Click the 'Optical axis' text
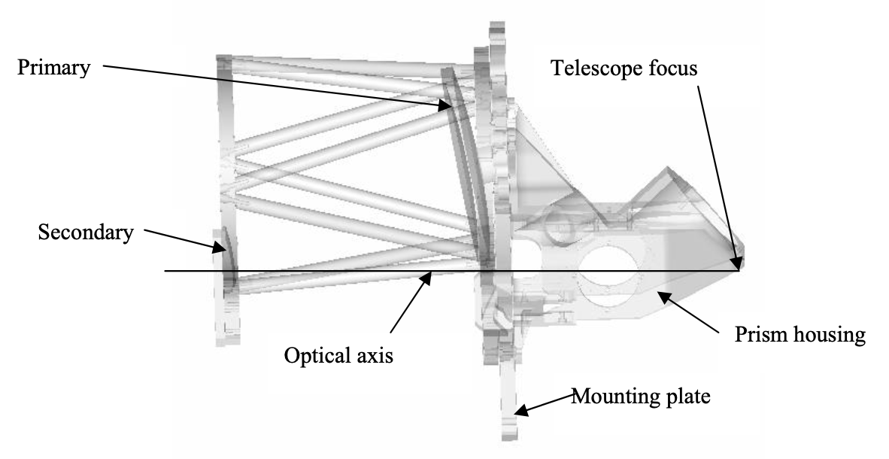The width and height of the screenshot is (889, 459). tap(338, 354)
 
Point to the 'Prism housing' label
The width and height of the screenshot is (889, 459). tap(799, 333)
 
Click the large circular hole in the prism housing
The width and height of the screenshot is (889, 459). tap(608, 287)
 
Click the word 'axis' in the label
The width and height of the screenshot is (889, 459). tap(373, 354)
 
